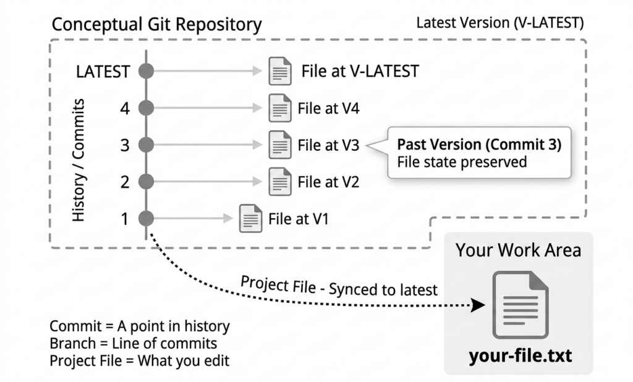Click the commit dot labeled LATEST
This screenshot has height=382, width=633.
coord(146,71)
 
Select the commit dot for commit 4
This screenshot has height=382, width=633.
coord(146,108)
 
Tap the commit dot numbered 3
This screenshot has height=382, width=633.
coord(146,145)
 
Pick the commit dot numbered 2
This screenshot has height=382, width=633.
coord(146,181)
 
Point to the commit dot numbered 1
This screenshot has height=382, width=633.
coord(146,218)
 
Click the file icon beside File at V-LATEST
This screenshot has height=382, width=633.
coord(280,71)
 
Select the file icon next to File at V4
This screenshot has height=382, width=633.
coord(280,108)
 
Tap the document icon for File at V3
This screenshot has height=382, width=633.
coord(280,145)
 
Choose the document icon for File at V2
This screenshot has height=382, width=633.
coord(280,181)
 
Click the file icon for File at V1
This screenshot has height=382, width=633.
coord(250,218)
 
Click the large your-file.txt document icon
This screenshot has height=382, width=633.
coord(520,305)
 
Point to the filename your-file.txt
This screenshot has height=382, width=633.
coord(520,356)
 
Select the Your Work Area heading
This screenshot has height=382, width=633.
coord(519,250)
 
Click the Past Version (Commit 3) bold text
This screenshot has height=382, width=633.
coord(479,145)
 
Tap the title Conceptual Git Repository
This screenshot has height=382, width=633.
coord(156,25)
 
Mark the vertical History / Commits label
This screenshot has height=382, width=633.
coord(79,160)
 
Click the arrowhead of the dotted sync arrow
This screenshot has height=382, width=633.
coord(479,305)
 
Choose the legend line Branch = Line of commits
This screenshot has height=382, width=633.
coord(134,343)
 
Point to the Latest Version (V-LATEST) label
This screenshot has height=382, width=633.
coord(499,23)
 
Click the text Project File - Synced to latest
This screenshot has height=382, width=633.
coord(339,286)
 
